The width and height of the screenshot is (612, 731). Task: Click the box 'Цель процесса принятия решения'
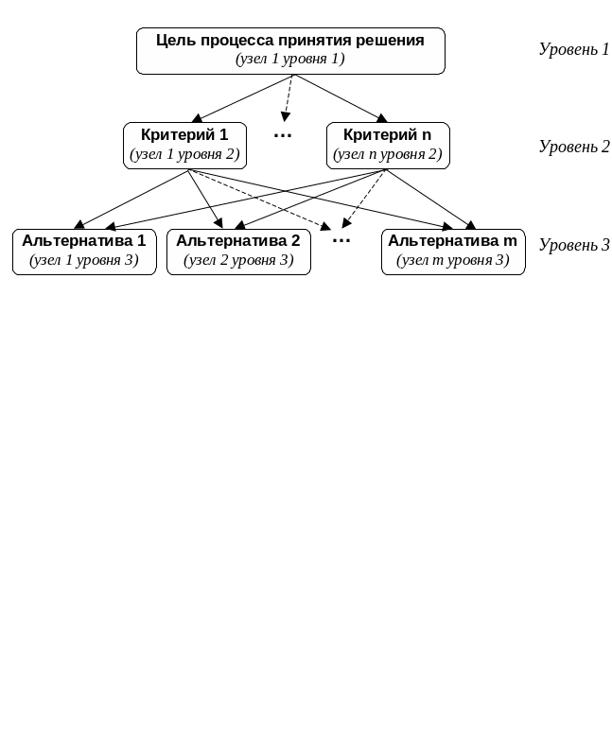(x=289, y=50)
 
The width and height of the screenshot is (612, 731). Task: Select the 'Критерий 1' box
(x=184, y=146)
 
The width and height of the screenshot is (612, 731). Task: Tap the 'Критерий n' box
(x=387, y=146)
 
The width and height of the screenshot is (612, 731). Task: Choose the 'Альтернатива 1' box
(x=83, y=252)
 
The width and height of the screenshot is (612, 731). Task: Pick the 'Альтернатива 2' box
(x=238, y=252)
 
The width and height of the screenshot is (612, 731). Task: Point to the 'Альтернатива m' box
(x=452, y=252)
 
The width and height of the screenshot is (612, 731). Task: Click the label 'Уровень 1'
(x=573, y=49)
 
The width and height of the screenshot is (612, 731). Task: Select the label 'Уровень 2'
(x=573, y=147)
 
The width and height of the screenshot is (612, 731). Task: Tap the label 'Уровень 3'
(x=573, y=245)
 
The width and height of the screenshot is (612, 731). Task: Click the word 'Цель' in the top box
(x=175, y=41)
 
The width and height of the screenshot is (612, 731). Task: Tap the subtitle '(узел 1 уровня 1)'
(x=289, y=59)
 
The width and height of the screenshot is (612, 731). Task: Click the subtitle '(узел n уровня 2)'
(x=387, y=154)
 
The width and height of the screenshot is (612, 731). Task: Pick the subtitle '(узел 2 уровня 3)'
(x=238, y=260)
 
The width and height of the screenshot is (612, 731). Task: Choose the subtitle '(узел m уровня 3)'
(x=452, y=260)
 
